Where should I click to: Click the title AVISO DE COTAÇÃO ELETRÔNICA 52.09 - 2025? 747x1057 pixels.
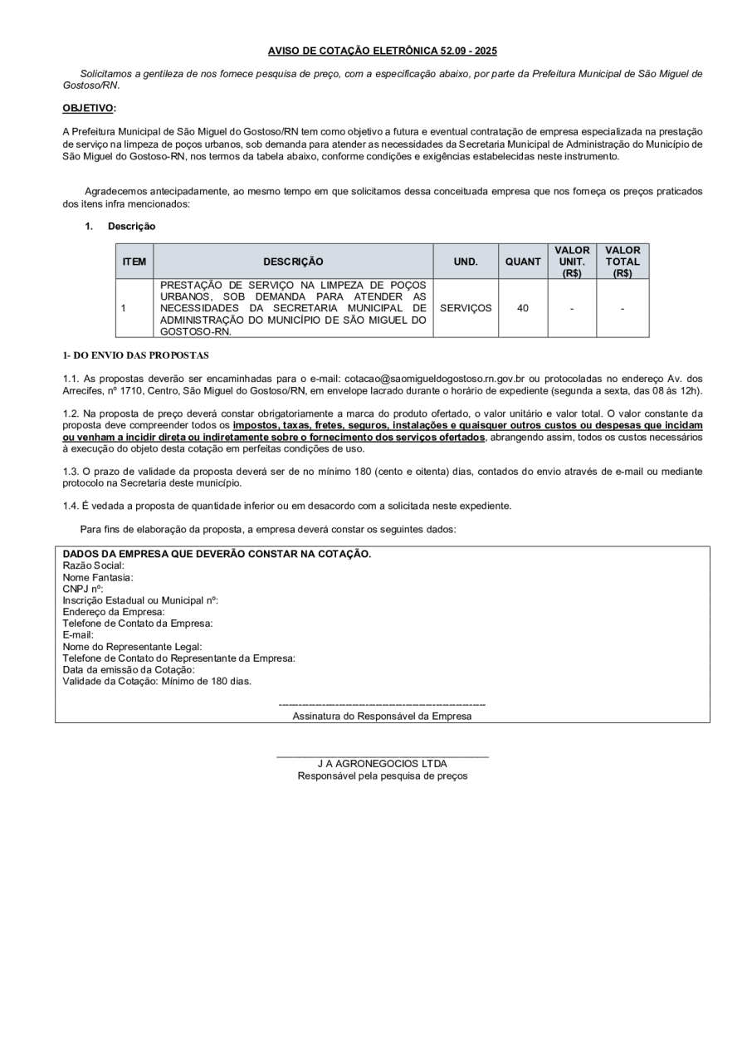coord(382,51)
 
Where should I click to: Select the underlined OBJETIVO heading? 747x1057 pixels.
coord(89,109)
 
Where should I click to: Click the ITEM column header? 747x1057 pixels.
coord(134,262)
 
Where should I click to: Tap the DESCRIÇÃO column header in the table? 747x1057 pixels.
coord(293,262)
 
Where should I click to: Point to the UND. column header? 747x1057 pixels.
coord(465,262)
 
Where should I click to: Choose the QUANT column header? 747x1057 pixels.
coord(523,262)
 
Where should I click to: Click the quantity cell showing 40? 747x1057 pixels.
coord(523,308)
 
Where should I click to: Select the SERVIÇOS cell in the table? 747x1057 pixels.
coord(466,308)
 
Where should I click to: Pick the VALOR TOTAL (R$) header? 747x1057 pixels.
coord(622,262)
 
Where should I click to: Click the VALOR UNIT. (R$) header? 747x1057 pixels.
coord(572,262)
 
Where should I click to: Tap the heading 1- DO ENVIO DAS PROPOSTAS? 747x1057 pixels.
coord(135,355)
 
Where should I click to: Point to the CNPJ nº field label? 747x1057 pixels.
coord(83,589)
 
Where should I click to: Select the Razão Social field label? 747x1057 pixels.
coord(94,565)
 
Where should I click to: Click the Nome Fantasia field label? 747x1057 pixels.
coord(98,577)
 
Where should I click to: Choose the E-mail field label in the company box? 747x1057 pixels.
coord(78,635)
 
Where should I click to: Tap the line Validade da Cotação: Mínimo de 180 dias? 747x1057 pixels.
coord(157,682)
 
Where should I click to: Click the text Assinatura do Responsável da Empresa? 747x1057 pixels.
coord(382,716)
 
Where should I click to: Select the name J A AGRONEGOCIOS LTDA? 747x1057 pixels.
coord(382,764)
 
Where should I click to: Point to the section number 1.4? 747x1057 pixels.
coord(71,506)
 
